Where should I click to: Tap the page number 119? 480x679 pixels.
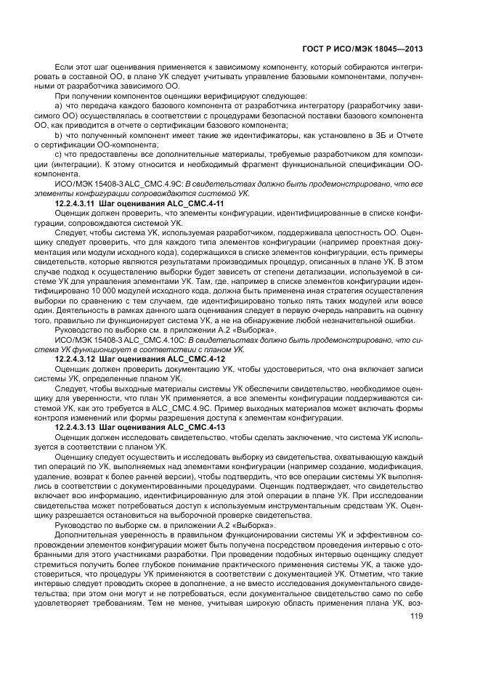pos(416,617)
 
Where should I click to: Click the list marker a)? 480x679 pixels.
pos(59,107)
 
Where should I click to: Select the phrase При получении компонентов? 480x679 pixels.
pos(99,97)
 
